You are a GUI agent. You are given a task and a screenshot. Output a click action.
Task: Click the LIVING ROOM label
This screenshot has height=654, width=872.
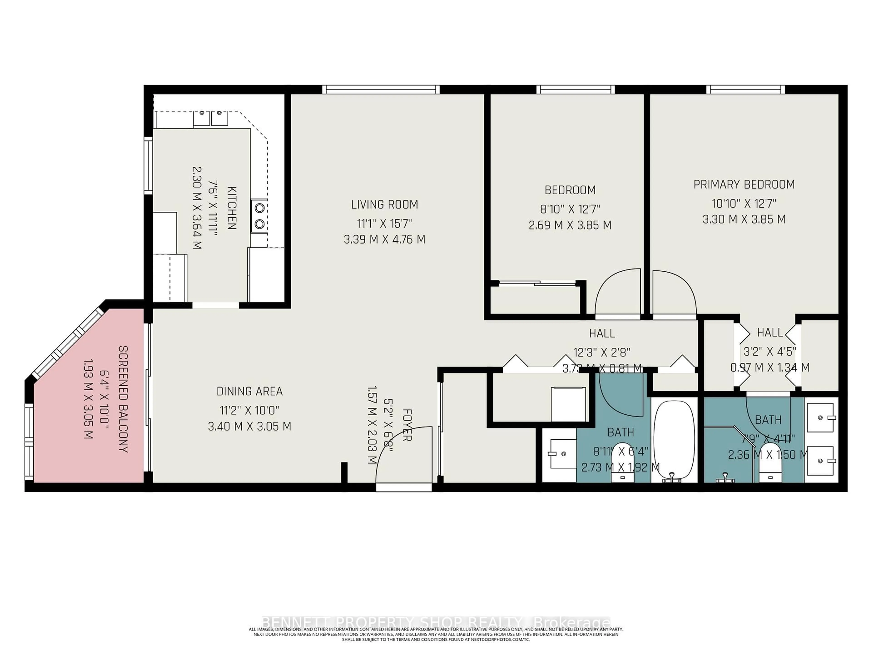384,205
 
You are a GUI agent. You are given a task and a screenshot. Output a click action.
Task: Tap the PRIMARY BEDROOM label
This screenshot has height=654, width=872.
744,184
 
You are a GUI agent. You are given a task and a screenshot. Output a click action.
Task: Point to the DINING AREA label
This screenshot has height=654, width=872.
250,391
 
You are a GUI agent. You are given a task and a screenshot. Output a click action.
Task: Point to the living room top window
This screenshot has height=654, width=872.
381,89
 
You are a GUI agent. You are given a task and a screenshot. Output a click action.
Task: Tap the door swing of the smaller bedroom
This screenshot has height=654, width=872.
617,292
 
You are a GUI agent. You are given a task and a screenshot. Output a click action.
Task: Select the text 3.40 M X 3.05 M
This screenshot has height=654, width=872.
250,426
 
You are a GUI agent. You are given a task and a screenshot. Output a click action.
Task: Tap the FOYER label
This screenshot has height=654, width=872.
407,425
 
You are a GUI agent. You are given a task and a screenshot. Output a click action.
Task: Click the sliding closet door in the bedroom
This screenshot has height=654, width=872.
538,283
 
